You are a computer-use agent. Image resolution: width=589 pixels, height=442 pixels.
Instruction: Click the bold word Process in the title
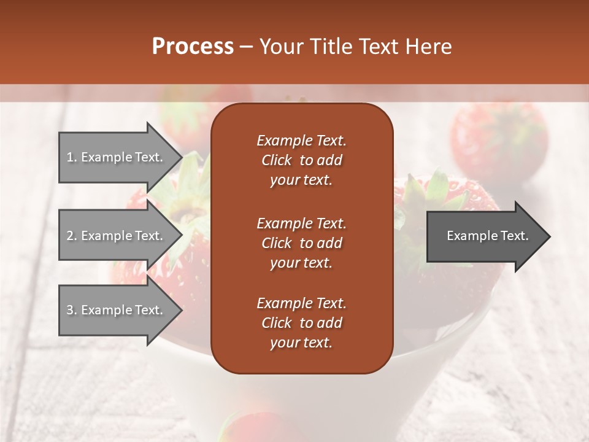click(193, 46)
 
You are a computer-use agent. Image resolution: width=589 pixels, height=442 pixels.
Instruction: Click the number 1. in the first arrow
click(72, 157)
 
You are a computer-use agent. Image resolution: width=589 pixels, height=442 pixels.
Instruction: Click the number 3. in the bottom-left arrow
click(72, 310)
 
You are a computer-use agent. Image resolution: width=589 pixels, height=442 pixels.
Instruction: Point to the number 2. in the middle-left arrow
click(72, 236)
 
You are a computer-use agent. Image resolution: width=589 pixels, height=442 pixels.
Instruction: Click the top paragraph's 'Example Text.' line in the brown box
click(301, 141)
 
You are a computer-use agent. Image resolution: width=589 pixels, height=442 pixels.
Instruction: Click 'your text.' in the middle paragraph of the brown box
click(301, 263)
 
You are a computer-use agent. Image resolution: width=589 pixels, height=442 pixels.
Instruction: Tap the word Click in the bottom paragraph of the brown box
click(276, 323)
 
